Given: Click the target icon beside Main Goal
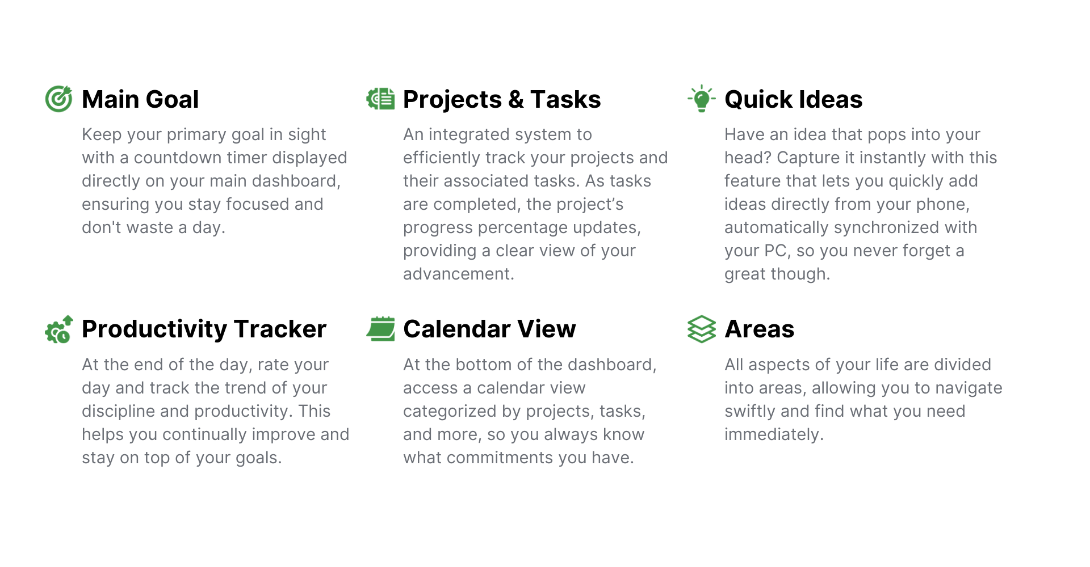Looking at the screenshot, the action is pos(58,99).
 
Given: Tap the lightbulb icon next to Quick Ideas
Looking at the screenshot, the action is pos(702,99).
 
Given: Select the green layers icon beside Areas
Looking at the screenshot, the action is pos(702,329).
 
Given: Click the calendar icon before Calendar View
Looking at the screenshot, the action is pos(380,329).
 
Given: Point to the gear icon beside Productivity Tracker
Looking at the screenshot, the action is pos(58,329).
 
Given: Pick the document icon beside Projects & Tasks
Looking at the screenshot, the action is pos(380,99).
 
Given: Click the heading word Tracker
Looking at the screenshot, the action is pos(280,329).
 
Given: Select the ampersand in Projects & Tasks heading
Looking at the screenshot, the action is pos(515,99).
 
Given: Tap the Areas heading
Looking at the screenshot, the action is pos(760,329).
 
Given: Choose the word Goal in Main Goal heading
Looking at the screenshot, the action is pos(173,99).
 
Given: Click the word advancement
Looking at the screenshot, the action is pos(458,274).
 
